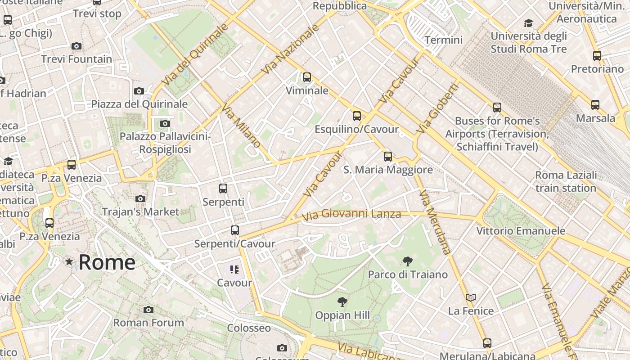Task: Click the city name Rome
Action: pyautogui.click(x=107, y=262)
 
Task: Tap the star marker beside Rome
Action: pyautogui.click(x=69, y=261)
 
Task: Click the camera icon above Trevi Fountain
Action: pyautogui.click(x=76, y=46)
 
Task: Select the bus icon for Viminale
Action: pyautogui.click(x=307, y=77)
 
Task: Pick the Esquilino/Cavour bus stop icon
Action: pyautogui.click(x=357, y=116)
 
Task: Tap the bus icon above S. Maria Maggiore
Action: pyautogui.click(x=388, y=157)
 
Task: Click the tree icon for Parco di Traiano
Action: pyautogui.click(x=408, y=261)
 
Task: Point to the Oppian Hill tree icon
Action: pyautogui.click(x=342, y=302)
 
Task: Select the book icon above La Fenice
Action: pyautogui.click(x=471, y=297)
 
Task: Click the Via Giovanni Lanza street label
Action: pyautogui.click(x=351, y=215)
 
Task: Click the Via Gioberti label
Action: pyautogui.click(x=437, y=108)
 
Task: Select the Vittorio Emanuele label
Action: pyautogui.click(x=521, y=231)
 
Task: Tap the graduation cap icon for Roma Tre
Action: pyautogui.click(x=529, y=23)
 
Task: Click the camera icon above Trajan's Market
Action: pyautogui.click(x=140, y=198)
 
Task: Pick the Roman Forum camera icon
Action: pyautogui.click(x=148, y=310)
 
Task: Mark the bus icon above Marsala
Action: pyautogui.click(x=595, y=105)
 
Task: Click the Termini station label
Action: pyautogui.click(x=443, y=40)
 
